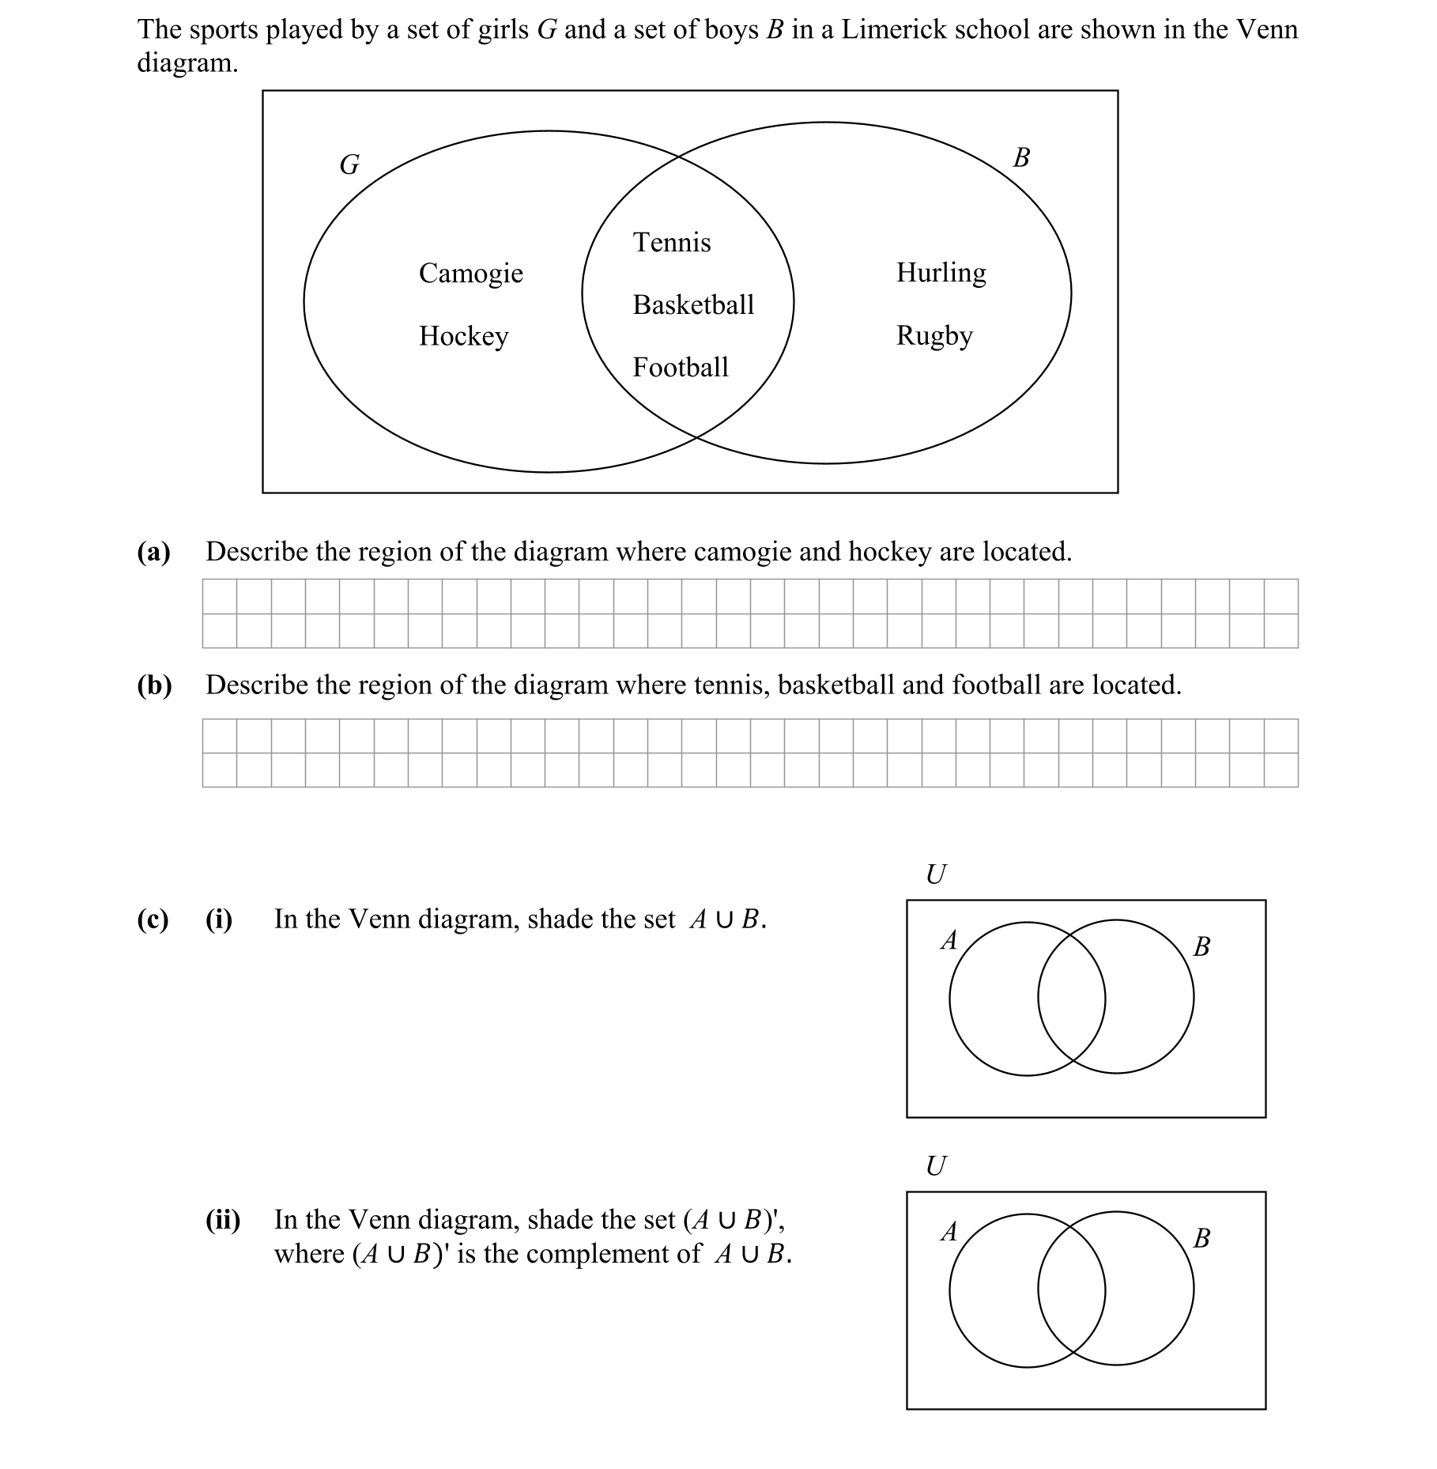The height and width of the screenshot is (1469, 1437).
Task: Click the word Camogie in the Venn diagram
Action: pyautogui.click(x=470, y=274)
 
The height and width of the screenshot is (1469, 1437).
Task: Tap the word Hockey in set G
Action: pyautogui.click(x=463, y=336)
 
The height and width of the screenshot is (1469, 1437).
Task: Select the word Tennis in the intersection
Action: pyautogui.click(x=671, y=242)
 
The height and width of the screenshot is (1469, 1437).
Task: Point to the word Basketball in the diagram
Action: pyautogui.click(x=693, y=304)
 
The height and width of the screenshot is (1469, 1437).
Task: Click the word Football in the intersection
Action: pyautogui.click(x=680, y=367)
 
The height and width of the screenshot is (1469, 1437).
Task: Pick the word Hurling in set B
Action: pyautogui.click(x=941, y=273)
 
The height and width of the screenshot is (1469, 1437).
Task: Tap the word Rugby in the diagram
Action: pyautogui.click(x=933, y=335)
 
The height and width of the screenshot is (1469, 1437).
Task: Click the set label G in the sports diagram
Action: pyautogui.click(x=349, y=164)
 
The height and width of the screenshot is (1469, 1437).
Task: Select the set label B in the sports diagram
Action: pyautogui.click(x=1020, y=157)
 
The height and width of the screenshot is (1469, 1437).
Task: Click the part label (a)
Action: pyautogui.click(x=153, y=552)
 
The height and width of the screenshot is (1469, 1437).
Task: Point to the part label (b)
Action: pyautogui.click(x=154, y=685)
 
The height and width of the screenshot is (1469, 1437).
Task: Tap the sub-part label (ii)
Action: pyautogui.click(x=223, y=1220)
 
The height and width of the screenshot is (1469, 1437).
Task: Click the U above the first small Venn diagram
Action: pyautogui.click(x=935, y=874)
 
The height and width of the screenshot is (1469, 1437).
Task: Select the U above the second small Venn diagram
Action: pyautogui.click(x=935, y=1165)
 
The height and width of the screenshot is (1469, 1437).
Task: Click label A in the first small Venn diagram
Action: pyautogui.click(x=949, y=939)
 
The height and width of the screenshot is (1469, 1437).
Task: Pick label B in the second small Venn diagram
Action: pyautogui.click(x=1201, y=1237)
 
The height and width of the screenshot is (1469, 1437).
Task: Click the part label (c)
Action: pyautogui.click(x=153, y=920)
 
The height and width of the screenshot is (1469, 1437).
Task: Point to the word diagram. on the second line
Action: pyautogui.click(x=187, y=62)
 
